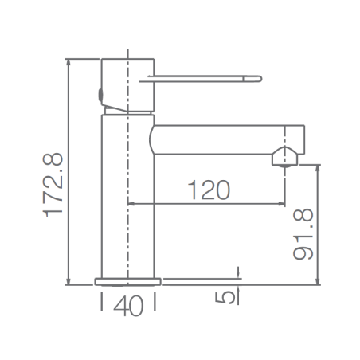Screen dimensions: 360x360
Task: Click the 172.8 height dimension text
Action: coord(53,186)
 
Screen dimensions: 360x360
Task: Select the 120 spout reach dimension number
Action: coord(209,190)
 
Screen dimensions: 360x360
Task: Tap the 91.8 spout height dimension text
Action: coord(303,234)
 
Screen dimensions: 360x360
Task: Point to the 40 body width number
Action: coord(128,306)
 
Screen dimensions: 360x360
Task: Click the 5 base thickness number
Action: coord(225,298)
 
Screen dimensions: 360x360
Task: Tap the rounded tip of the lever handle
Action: coord(259,79)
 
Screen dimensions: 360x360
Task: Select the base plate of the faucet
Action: coord(128,282)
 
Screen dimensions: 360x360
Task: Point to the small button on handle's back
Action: coord(100,95)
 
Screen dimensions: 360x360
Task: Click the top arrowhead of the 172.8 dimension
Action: coord(68,61)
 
